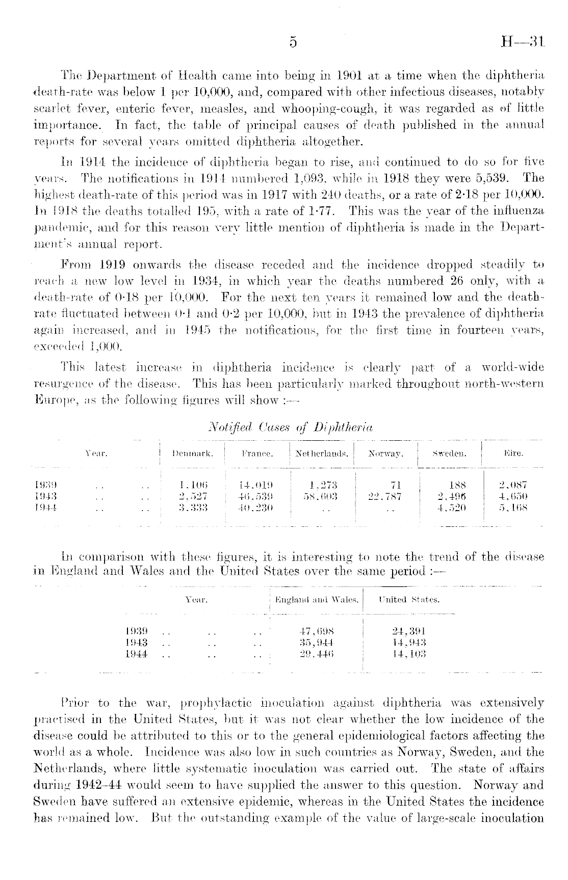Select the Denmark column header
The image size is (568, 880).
(x=193, y=452)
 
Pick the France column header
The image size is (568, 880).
(x=257, y=452)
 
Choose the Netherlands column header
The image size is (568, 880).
(x=322, y=452)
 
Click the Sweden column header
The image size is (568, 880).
(x=450, y=452)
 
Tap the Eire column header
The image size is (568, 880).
(x=513, y=452)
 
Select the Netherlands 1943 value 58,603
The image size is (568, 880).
(x=322, y=496)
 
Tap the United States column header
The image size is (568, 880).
(x=409, y=600)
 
